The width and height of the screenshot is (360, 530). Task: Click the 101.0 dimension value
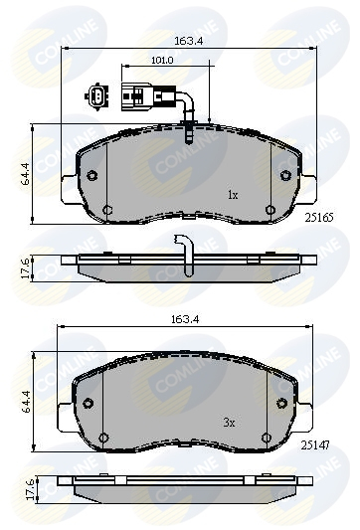coord(162,60)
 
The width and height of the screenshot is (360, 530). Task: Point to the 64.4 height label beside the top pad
coord(16,174)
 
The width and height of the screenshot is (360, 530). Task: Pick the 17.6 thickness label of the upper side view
coord(16,267)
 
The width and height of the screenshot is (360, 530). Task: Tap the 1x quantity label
coord(232,195)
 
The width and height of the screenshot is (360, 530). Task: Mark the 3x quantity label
coord(229,423)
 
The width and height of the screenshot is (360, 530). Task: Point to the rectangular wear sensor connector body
coord(131,98)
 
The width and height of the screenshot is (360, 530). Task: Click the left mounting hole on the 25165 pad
coord(91,176)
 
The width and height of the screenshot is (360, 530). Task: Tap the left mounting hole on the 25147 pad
coord(88,403)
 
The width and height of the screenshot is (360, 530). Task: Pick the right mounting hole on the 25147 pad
coord(282,403)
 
